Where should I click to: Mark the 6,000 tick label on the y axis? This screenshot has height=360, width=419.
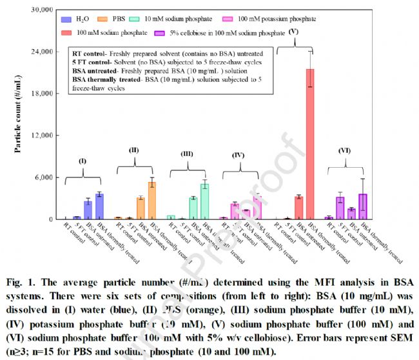43,177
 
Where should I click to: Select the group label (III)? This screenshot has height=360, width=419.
186,154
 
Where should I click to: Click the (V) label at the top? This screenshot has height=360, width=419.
294,30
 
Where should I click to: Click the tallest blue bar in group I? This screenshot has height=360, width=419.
99,206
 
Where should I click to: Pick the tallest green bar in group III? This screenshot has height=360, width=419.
204,201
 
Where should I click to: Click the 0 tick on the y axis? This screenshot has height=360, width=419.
52,219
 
